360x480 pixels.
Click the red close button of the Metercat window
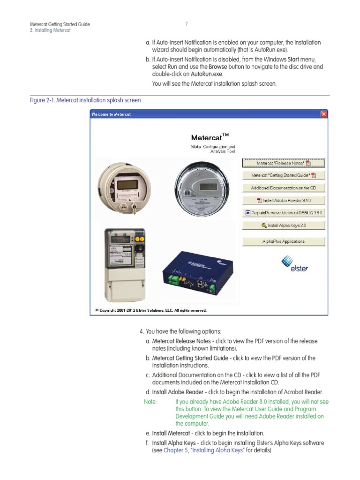323,114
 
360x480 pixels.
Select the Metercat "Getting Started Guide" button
284,175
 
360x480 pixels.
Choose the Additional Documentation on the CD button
284,188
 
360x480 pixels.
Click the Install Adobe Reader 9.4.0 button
284,200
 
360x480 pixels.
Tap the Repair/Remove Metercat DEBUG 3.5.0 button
284,213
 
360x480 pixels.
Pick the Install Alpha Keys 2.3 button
284,225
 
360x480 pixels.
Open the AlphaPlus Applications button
284,241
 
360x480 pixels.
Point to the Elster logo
295,264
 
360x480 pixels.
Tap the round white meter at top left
120,187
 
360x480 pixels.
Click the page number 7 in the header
186,24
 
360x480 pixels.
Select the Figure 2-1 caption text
85,100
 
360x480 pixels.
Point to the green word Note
150,402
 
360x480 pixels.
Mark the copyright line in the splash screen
150,310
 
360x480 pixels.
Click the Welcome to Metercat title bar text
111,114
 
